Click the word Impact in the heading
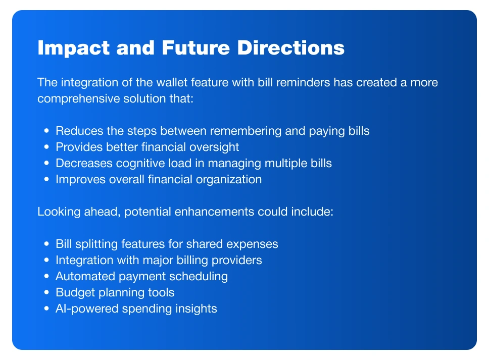click(73, 48)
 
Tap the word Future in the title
click(196, 47)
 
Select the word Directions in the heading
click(290, 47)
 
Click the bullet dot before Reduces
click(47, 131)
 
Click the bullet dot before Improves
click(47, 179)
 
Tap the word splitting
click(96, 244)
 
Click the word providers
click(237, 261)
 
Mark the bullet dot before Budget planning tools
click(47, 292)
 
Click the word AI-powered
click(87, 309)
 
